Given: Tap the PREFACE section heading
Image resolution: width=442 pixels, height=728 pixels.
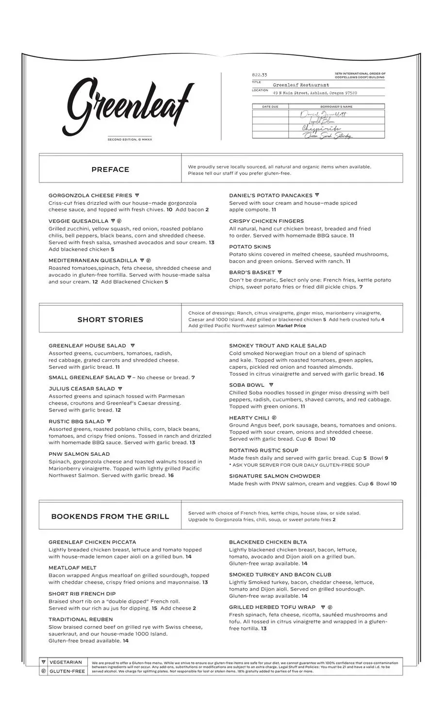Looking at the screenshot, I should (x=110, y=169).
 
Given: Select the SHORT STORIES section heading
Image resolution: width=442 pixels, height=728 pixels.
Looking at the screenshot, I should (x=110, y=320).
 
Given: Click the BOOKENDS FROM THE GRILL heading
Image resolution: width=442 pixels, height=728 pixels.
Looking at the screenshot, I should (x=110, y=516).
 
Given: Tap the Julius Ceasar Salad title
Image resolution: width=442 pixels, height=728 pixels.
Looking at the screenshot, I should (x=82, y=389).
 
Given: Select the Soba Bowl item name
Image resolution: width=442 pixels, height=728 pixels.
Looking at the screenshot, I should (x=247, y=385).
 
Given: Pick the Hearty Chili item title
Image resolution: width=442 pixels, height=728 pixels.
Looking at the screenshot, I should (x=249, y=418).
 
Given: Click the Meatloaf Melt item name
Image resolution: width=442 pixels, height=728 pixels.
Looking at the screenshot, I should (x=72, y=568).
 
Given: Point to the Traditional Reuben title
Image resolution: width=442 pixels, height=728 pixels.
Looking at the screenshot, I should (x=81, y=620).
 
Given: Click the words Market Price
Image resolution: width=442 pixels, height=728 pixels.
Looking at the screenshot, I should (x=291, y=326).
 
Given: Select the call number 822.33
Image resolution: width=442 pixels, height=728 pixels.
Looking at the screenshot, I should (x=260, y=75).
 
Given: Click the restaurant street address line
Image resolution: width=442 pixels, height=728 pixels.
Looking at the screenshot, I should (x=315, y=93).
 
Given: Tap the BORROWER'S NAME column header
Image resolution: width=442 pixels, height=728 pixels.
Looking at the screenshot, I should (x=336, y=107).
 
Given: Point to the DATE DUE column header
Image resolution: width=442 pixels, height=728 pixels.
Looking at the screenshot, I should (x=270, y=107).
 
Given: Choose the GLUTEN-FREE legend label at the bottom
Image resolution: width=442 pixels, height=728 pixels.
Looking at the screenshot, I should (x=67, y=672).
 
